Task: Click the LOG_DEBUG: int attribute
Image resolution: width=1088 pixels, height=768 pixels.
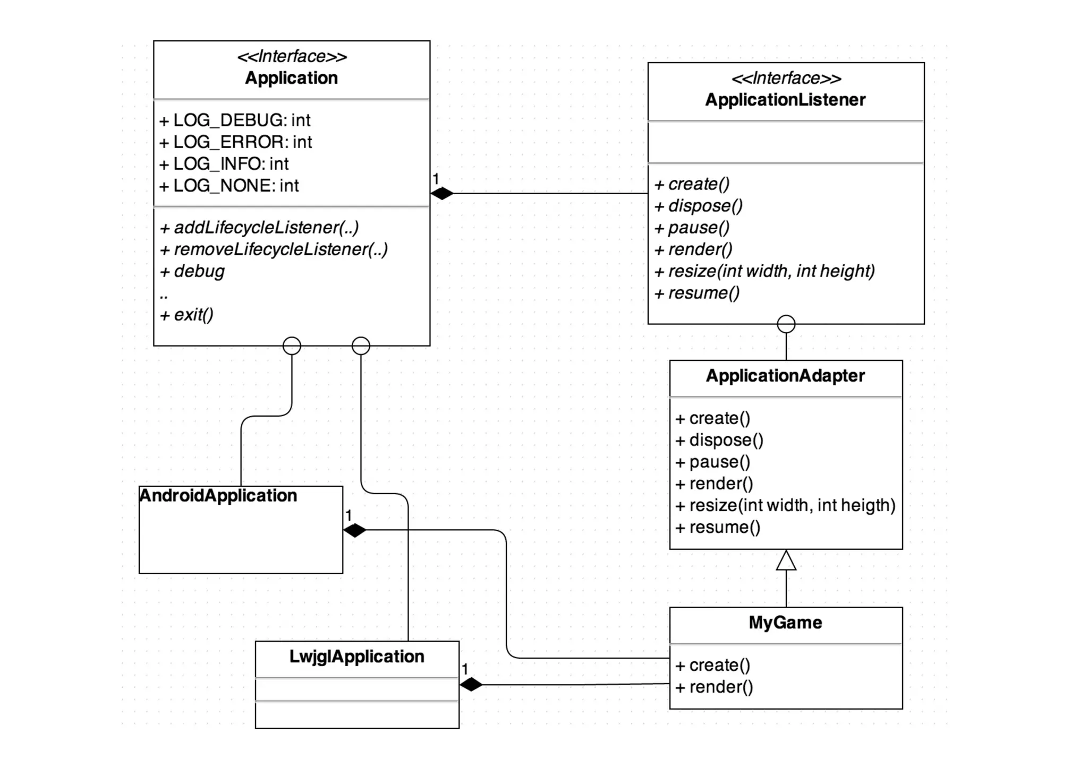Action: coord(235,120)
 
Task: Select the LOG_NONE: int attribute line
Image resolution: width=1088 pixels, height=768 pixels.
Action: coord(229,186)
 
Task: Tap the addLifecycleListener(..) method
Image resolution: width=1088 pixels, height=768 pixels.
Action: coord(259,228)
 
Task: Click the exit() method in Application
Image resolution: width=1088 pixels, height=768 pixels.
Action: coord(186,315)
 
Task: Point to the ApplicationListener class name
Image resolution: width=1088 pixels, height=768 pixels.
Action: coord(785,100)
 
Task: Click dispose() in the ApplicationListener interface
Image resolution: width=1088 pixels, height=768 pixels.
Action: coord(699,206)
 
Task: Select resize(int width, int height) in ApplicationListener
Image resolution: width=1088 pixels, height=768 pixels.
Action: coord(764,271)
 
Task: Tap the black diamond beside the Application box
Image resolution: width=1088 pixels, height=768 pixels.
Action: coord(442,194)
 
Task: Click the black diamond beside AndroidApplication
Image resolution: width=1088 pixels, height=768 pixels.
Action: coord(355,530)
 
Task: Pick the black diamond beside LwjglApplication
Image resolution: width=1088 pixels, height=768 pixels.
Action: coord(471,685)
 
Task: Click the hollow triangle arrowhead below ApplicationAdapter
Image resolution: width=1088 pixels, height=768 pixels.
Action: coord(786,560)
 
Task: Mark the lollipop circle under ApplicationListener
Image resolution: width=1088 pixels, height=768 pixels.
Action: coord(786,324)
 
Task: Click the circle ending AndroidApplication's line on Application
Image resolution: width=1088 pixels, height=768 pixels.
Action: coord(292,346)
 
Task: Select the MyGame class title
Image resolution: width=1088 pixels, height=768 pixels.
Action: coord(785,623)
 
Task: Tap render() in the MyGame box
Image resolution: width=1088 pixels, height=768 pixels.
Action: coord(715,687)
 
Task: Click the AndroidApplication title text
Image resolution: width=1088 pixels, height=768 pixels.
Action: coord(218,496)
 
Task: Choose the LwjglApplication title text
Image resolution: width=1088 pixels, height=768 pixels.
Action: coord(356,657)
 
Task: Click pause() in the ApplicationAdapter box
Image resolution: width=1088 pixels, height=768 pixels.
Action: coord(713,462)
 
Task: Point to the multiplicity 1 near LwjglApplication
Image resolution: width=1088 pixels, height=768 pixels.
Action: coord(465,669)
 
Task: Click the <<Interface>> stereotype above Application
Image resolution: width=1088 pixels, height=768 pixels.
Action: coord(292,56)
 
